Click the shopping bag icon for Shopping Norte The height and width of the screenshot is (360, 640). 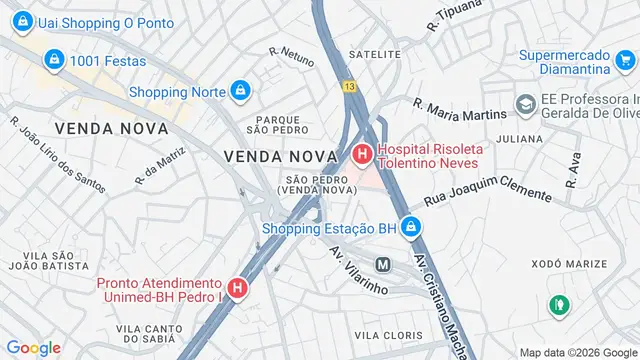click(x=239, y=92)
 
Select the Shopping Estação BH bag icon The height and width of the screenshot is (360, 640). click(x=411, y=227)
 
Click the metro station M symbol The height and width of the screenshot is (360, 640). click(x=382, y=264)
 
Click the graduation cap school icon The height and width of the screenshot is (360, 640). click(x=525, y=103)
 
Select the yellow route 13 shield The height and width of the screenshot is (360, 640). click(x=348, y=86)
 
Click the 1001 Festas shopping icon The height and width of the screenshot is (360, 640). click(x=56, y=61)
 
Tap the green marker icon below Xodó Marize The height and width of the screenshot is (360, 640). click(x=558, y=302)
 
